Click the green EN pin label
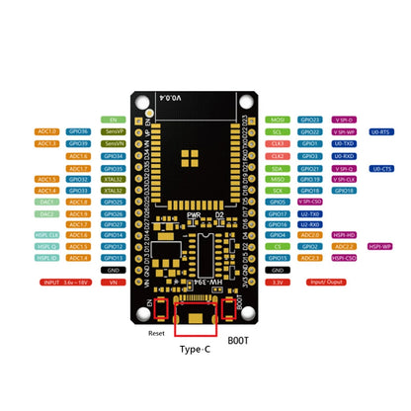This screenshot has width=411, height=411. tap(110, 119)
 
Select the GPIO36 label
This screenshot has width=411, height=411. tap(80, 131)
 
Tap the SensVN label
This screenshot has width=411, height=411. tap(112, 143)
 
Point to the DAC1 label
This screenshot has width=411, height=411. tap(47, 202)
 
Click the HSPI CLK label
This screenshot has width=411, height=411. tap(47, 234)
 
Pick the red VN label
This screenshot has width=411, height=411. tap(112, 282)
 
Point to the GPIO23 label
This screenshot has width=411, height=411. tap(309, 120)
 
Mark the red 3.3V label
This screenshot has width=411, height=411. tap(279, 282)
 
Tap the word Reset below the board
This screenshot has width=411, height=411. tap(155, 333)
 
